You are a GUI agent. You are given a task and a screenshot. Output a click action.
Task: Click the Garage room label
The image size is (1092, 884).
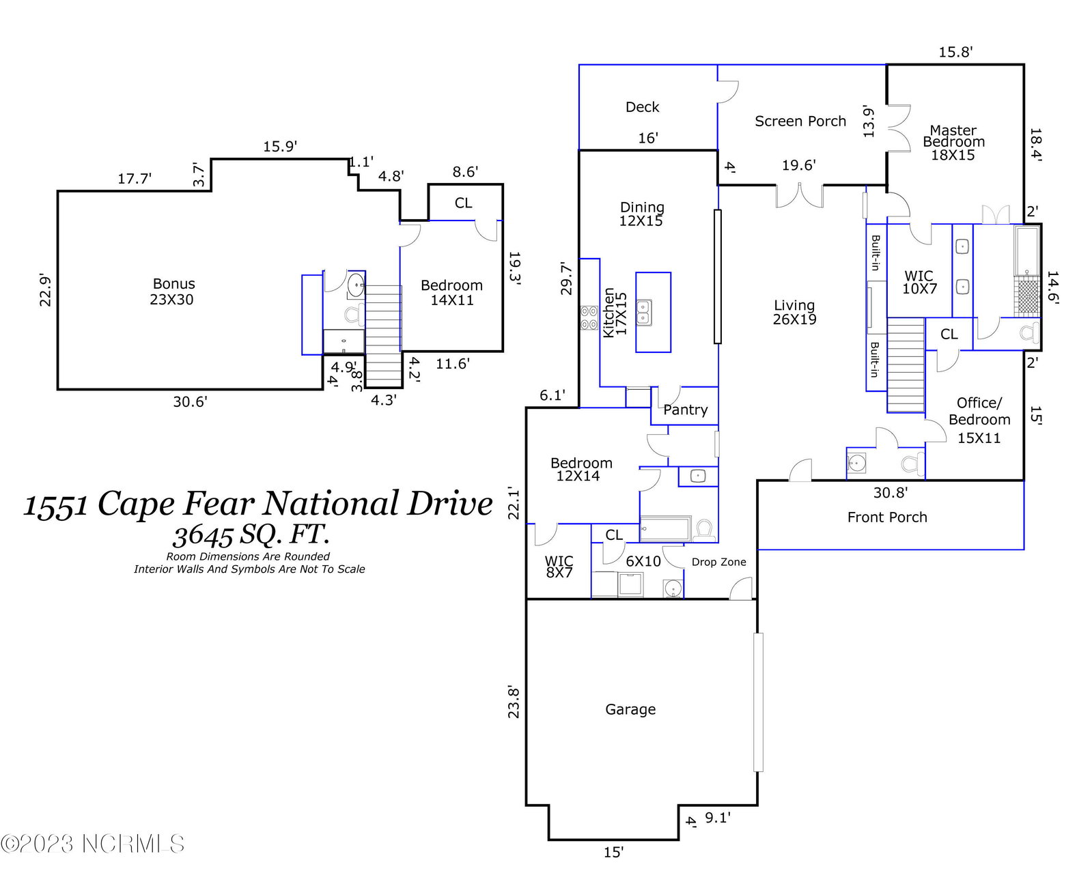(x=630, y=709)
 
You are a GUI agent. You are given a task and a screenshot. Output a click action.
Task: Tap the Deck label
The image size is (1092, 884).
(x=642, y=107)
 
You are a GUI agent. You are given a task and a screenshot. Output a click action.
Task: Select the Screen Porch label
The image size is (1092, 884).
(x=800, y=121)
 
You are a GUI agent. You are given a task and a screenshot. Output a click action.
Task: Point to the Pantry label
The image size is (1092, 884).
(x=685, y=410)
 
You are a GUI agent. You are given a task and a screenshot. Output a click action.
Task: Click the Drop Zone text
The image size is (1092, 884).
(x=718, y=562)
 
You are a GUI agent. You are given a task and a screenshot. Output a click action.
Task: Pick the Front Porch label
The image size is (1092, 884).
(x=887, y=517)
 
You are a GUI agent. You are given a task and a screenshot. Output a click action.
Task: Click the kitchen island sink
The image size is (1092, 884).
(x=644, y=313)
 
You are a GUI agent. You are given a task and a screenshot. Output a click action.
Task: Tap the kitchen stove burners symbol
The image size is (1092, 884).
(x=589, y=317)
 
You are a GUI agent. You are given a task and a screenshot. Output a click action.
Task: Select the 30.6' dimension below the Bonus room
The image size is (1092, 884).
(x=190, y=402)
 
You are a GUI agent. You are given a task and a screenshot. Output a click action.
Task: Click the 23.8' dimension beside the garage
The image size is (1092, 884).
(x=514, y=702)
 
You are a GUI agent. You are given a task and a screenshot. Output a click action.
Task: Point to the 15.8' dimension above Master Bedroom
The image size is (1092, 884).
(x=955, y=53)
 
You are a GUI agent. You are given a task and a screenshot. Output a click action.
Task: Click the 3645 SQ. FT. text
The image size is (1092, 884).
(x=251, y=535)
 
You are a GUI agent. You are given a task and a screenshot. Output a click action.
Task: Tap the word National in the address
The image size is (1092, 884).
(x=331, y=503)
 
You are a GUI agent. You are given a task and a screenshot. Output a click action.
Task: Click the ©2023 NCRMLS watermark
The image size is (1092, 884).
(x=92, y=844)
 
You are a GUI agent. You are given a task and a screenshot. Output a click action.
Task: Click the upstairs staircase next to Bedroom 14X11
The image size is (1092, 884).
(x=383, y=336)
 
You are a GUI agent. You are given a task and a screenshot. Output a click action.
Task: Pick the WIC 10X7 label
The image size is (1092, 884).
(x=919, y=283)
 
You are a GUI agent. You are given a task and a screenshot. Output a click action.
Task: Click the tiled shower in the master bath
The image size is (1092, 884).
(x=1027, y=296)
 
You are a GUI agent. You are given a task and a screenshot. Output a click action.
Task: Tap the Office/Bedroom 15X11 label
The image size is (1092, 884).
(x=979, y=420)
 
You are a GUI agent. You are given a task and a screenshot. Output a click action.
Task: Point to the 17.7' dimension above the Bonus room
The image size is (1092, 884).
(x=135, y=179)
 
